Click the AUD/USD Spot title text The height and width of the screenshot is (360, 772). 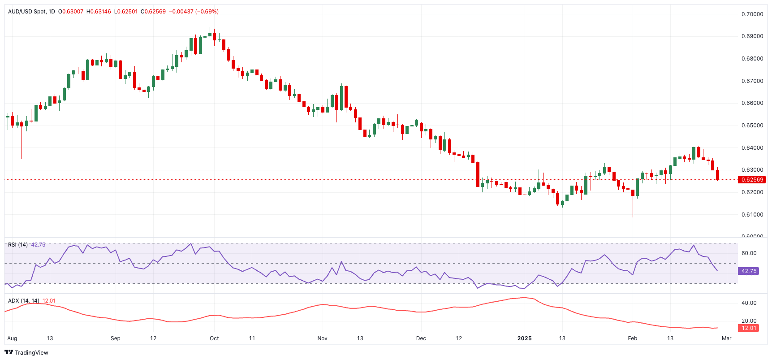[27, 12]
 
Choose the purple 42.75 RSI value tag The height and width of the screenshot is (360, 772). [749, 271]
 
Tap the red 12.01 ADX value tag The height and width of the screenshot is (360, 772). [749, 328]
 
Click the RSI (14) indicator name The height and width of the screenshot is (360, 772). [18, 245]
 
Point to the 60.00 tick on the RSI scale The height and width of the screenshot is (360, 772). [749, 253]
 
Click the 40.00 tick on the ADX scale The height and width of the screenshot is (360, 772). [749, 303]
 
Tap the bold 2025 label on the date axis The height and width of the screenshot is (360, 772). [524, 338]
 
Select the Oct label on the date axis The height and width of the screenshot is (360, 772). [214, 338]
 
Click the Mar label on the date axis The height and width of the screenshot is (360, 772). [726, 338]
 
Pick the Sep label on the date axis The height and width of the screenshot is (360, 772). [116, 338]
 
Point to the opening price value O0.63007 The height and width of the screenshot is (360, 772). [71, 12]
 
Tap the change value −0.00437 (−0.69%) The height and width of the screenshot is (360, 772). [194, 12]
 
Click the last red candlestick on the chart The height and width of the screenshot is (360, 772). [717, 175]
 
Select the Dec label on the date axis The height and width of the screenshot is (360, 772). [421, 338]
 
